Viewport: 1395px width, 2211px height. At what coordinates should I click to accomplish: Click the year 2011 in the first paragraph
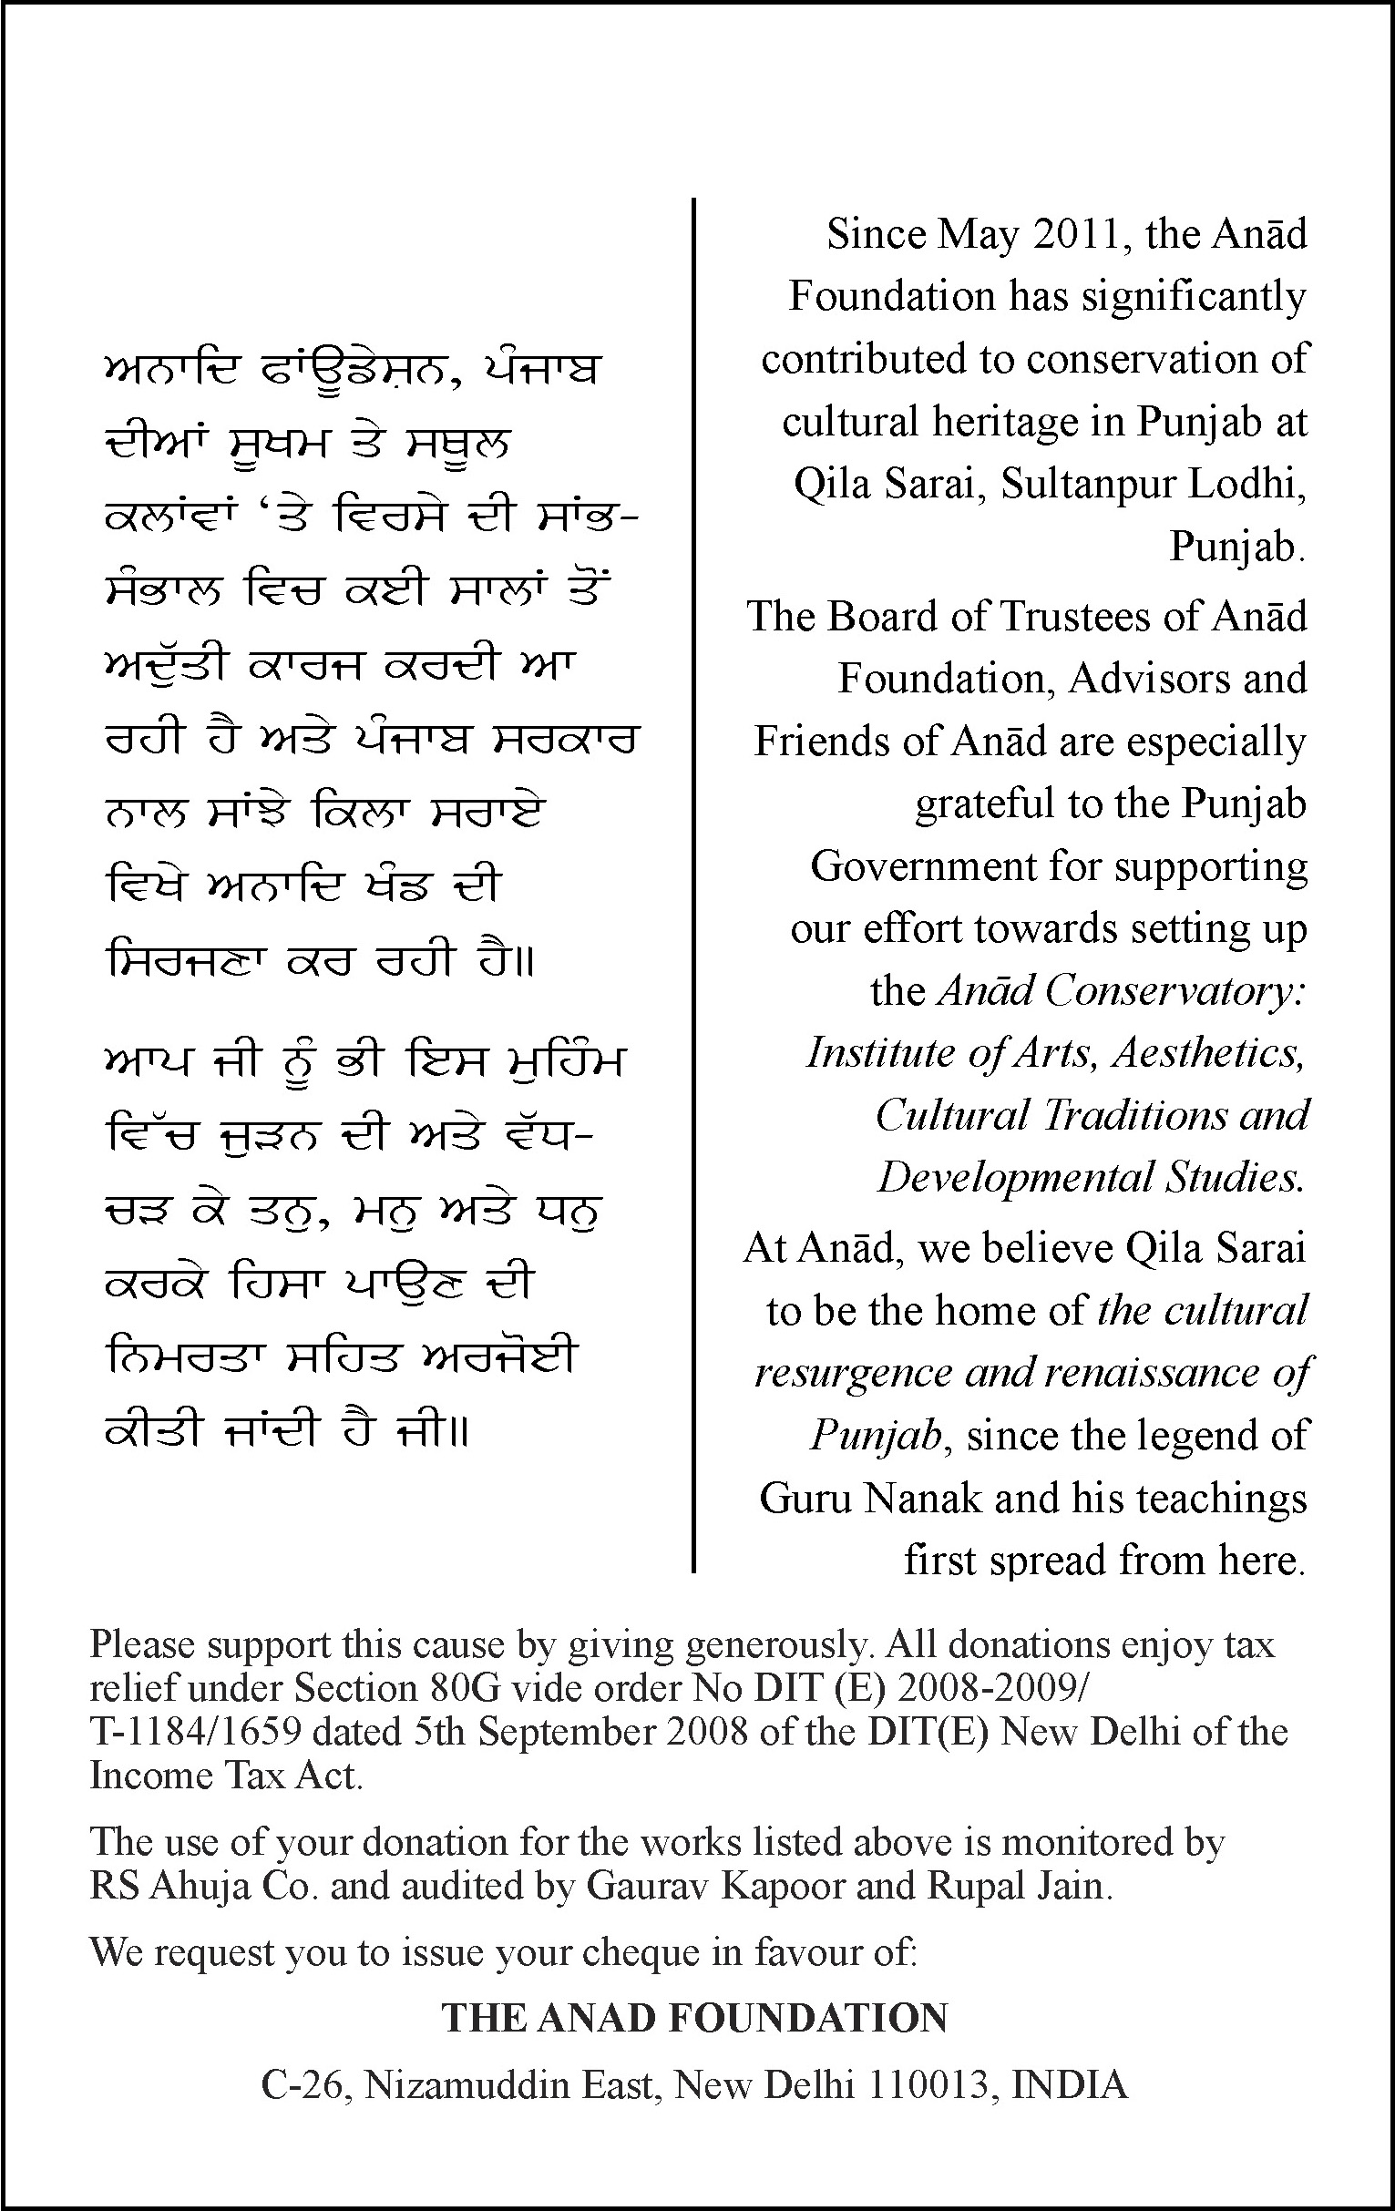(x=1079, y=235)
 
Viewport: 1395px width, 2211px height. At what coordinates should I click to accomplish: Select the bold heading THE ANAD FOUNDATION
(x=695, y=2018)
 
